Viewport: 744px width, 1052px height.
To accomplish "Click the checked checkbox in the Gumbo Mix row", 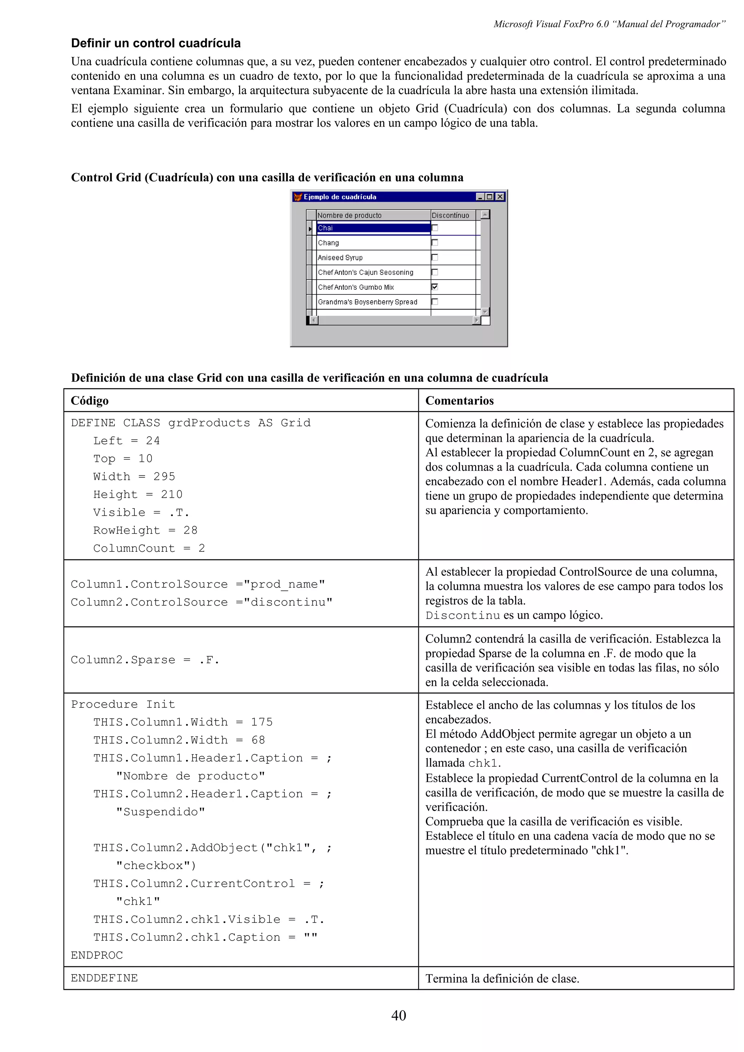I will point(434,287).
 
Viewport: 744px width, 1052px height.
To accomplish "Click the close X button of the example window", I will point(500,196).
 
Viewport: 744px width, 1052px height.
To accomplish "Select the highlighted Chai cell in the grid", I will point(373,228).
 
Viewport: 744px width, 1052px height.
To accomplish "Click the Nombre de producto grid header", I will point(349,215).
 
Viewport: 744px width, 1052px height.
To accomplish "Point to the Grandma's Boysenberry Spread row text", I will point(367,302).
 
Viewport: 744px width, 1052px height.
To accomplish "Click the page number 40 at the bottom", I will point(399,1015).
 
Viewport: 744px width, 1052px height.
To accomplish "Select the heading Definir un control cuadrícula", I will point(155,43).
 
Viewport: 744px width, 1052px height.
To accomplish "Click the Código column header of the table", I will point(90,400).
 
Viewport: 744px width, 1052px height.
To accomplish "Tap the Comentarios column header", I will point(459,400).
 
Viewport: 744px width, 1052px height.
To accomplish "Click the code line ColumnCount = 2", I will point(149,548).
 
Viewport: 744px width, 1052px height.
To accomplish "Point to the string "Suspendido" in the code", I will point(161,812).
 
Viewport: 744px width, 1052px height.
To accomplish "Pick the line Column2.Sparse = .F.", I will point(145,660).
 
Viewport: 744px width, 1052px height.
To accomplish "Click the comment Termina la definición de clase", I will point(502,979).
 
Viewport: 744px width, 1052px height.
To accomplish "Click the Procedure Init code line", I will point(123,704).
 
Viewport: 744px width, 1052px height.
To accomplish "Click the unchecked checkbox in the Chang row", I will point(434,242).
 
